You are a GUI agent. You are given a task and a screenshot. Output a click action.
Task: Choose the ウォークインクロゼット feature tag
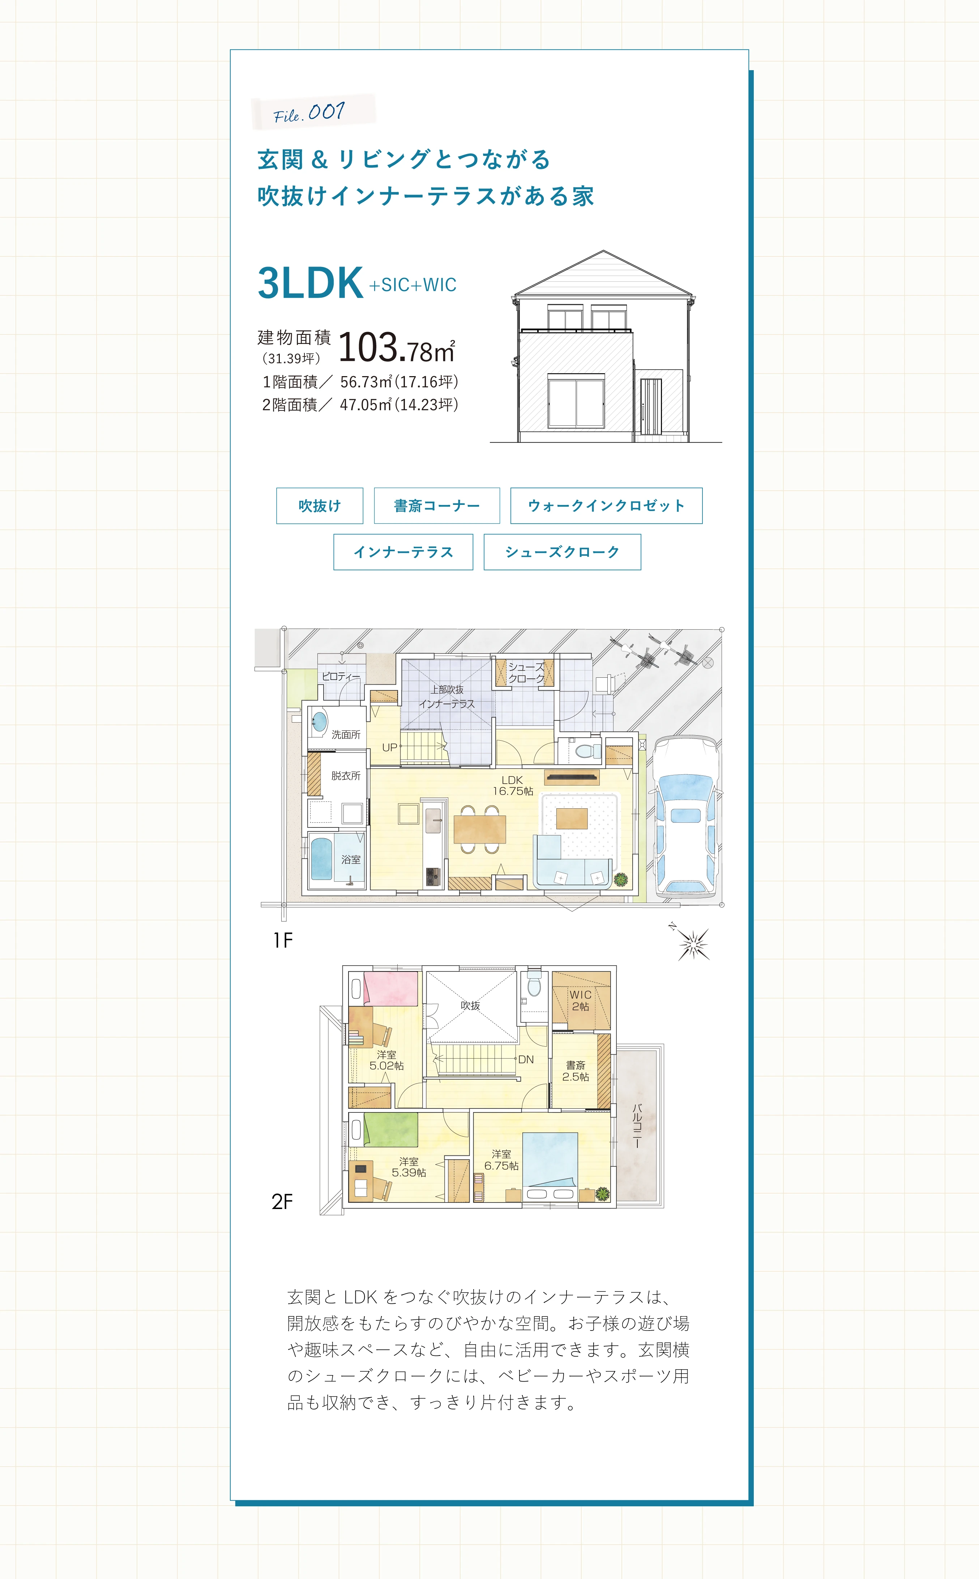(606, 505)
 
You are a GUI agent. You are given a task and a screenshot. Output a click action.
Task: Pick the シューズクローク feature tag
(562, 552)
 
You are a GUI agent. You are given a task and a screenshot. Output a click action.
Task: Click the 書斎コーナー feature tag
(437, 505)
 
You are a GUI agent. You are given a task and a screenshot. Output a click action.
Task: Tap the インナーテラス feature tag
(403, 552)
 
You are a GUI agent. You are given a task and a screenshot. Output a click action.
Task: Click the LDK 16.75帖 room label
(512, 785)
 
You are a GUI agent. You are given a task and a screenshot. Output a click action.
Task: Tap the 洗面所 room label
(346, 735)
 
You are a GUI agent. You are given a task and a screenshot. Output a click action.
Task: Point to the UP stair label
(389, 747)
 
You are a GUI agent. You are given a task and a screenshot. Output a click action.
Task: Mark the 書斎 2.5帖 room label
(576, 1071)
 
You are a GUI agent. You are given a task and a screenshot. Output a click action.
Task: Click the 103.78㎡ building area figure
(396, 348)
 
